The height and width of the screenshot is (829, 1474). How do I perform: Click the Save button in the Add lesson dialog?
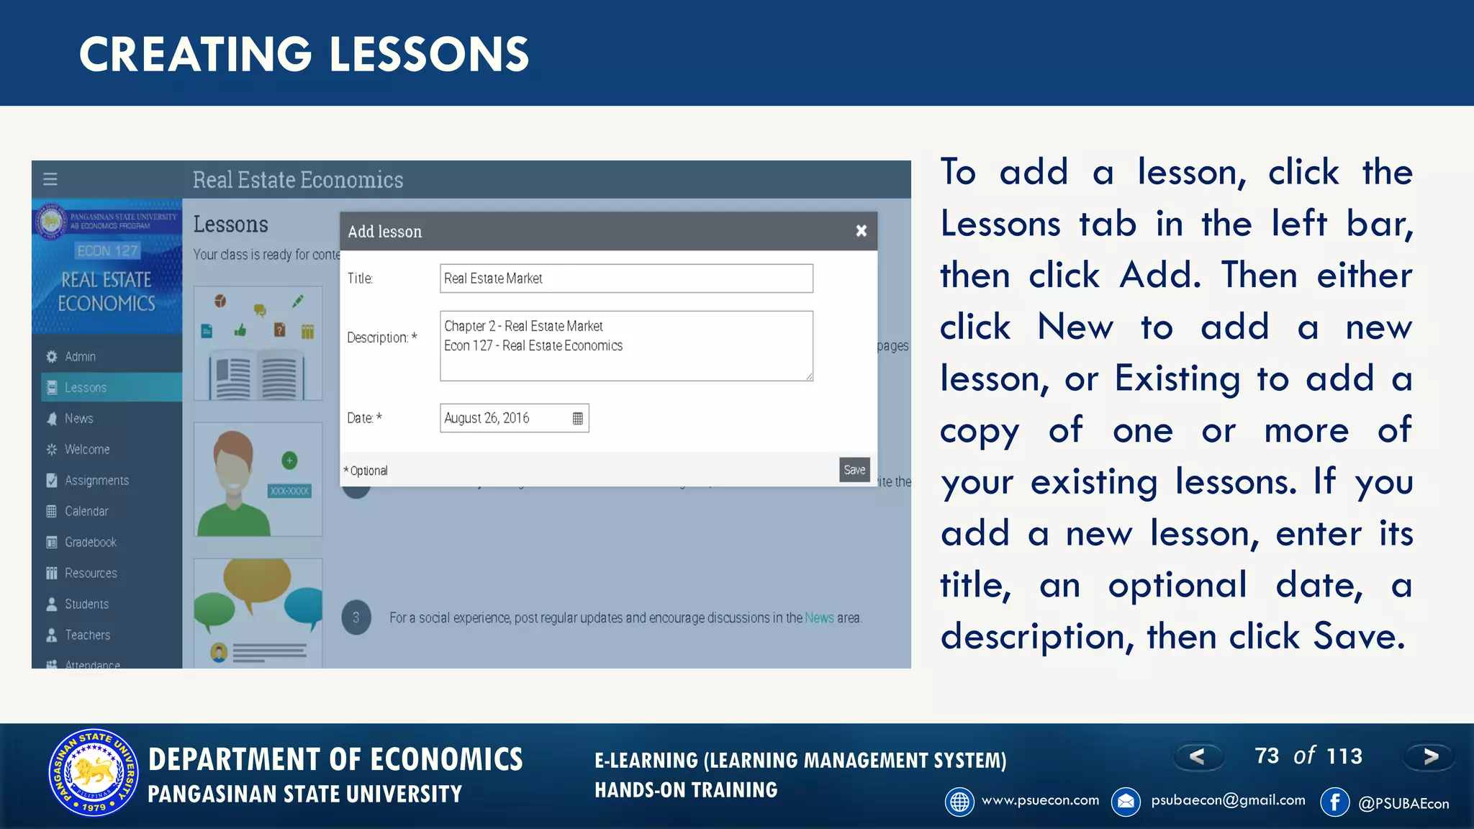(854, 470)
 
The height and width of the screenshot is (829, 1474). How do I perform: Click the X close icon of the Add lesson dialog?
(861, 231)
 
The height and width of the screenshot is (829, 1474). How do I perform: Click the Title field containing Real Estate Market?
(626, 278)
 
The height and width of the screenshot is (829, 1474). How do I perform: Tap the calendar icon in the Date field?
(577, 418)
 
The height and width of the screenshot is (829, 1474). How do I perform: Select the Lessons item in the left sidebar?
(86, 387)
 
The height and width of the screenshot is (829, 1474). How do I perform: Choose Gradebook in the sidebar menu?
(90, 542)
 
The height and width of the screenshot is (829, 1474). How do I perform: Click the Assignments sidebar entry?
(96, 480)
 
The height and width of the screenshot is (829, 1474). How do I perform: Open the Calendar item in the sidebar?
(86, 511)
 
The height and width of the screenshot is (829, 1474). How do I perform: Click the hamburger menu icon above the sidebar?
(50, 179)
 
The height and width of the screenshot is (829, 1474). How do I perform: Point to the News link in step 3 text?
(819, 617)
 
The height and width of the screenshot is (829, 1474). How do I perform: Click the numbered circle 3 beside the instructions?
(356, 617)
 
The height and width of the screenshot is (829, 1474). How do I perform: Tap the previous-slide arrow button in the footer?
(1197, 756)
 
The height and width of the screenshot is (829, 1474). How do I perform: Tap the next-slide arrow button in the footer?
(1430, 756)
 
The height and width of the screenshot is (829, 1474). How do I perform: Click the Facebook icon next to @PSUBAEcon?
(1334, 802)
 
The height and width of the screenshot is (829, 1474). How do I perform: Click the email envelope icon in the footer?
(1126, 802)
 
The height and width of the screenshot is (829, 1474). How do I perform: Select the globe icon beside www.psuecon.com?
(959, 802)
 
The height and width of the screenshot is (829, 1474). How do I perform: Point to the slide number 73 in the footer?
(1267, 756)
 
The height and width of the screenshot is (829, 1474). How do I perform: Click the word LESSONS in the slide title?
(429, 55)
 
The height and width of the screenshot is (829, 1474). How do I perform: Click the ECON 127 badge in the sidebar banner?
(107, 250)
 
